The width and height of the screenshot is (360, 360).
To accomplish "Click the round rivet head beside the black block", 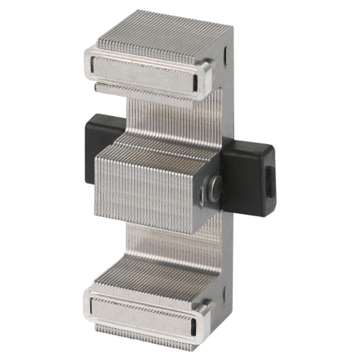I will point(214,188).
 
